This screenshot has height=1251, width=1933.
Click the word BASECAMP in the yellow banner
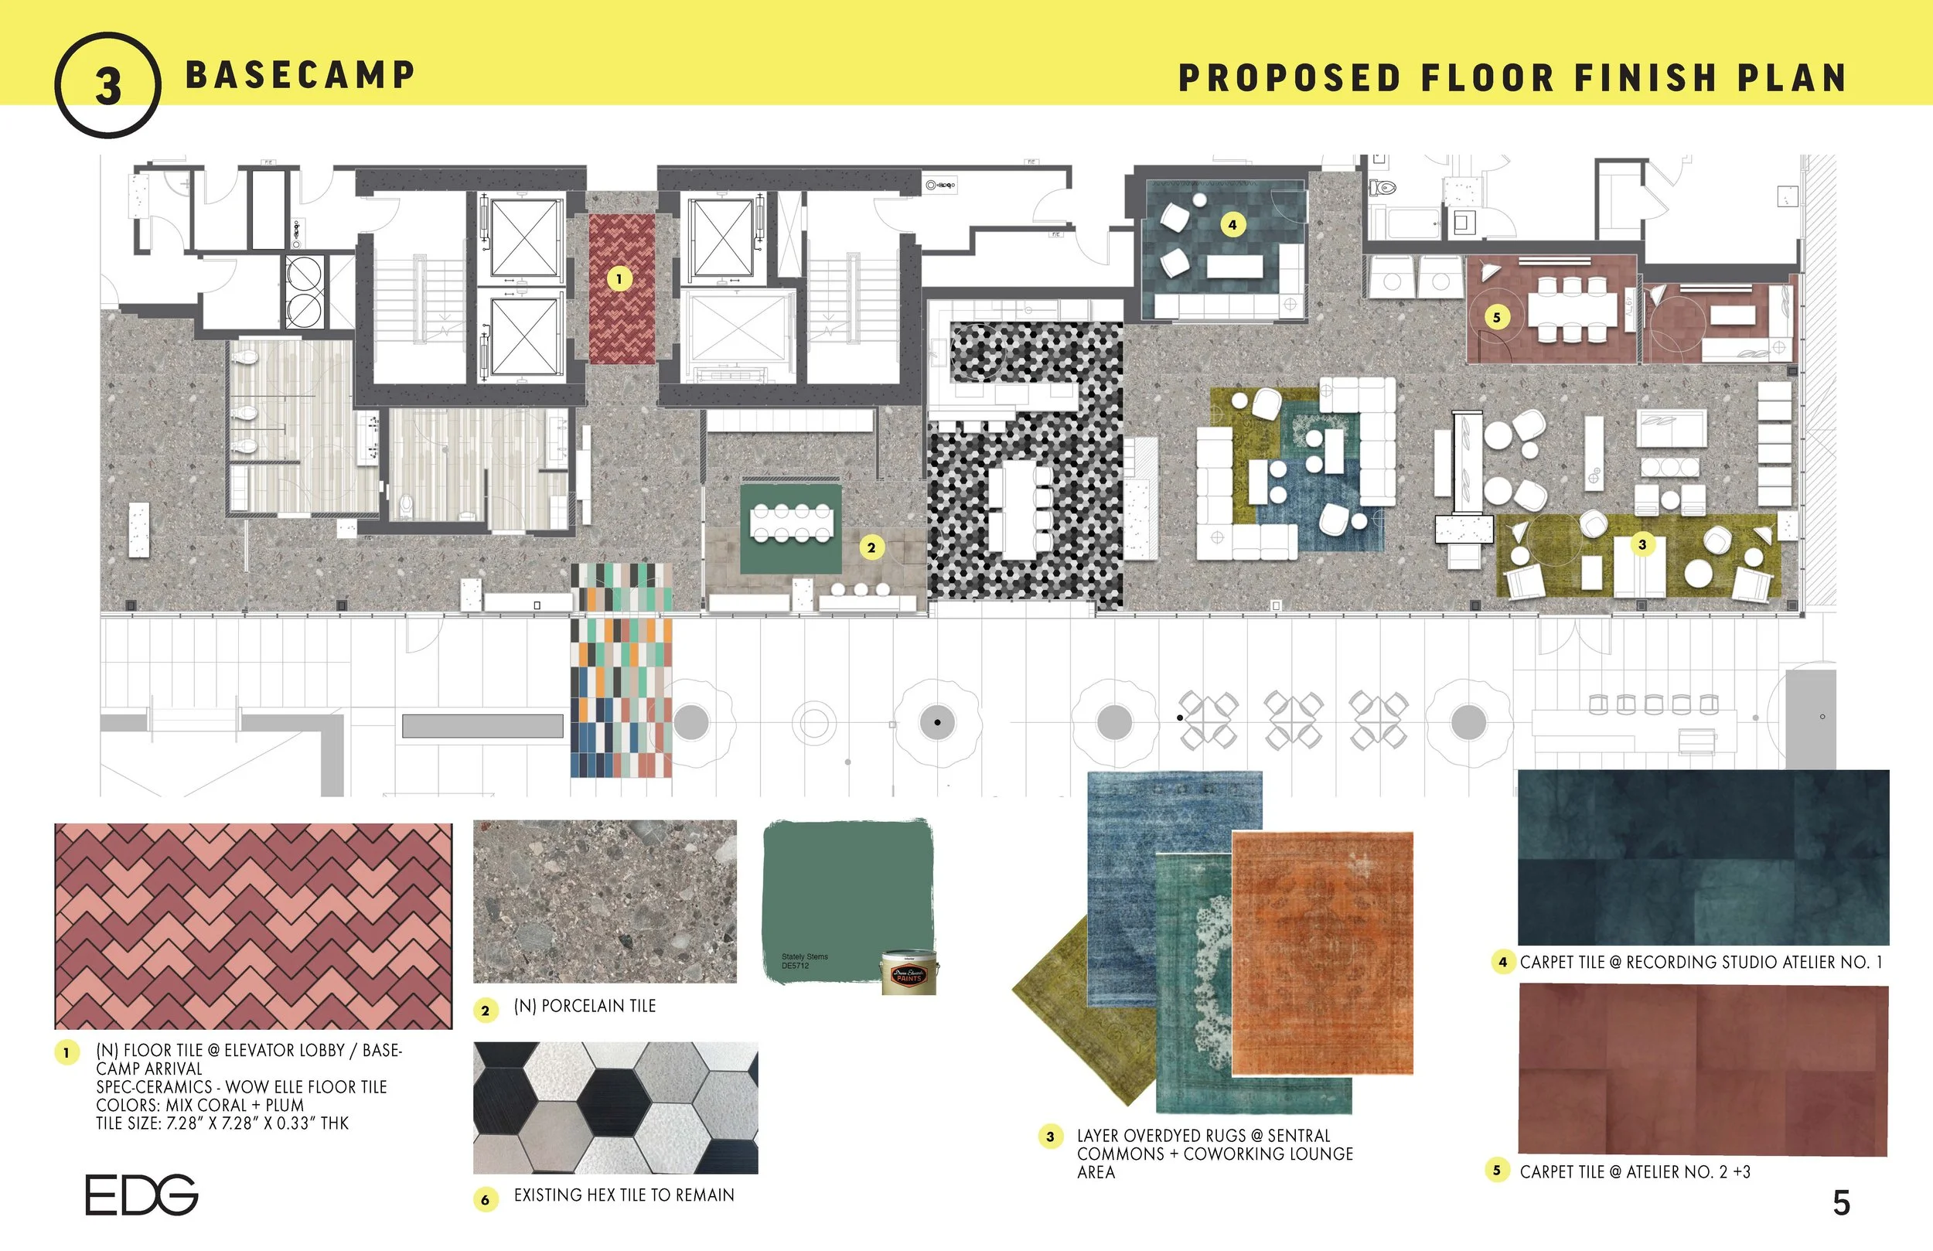click(x=300, y=76)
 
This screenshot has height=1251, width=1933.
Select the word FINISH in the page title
click(x=1646, y=79)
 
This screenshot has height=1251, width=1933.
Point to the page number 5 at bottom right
click(x=1841, y=1203)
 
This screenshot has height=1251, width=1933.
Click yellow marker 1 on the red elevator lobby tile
click(x=619, y=279)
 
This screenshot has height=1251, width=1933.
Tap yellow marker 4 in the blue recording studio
click(x=1232, y=224)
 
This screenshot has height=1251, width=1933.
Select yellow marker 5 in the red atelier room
click(x=1496, y=317)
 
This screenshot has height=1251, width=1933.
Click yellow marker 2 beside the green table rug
click(x=871, y=547)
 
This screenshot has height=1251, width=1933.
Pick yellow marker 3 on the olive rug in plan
click(x=1642, y=544)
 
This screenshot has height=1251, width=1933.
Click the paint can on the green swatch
click(x=909, y=973)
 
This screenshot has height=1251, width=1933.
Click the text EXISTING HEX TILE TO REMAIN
click(x=623, y=1195)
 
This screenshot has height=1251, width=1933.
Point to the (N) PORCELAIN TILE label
click(x=584, y=1006)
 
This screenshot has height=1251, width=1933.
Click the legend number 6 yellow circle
click(x=485, y=1199)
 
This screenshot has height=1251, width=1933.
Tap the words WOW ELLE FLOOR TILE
click(x=305, y=1087)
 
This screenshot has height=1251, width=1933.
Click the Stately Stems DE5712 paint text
click(x=803, y=961)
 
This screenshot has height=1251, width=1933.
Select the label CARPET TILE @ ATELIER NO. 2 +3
click(x=1634, y=1171)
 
